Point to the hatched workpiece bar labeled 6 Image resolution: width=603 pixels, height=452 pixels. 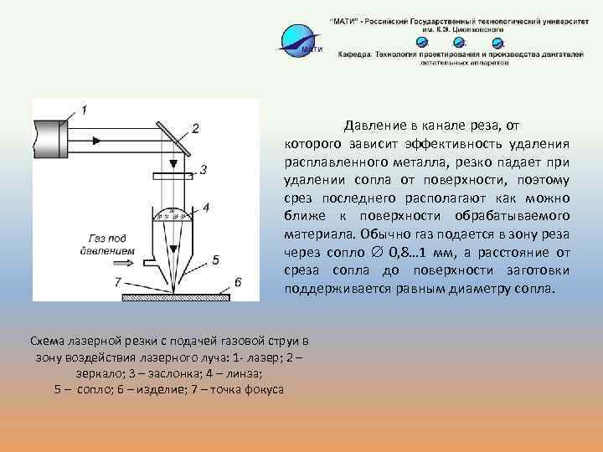tap(176, 296)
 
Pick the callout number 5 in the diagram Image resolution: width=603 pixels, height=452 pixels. tap(215, 260)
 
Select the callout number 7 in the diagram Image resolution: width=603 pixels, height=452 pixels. tap(117, 281)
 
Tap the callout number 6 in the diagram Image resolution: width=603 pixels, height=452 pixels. tap(238, 282)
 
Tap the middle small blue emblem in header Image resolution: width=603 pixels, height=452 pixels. tap(460, 42)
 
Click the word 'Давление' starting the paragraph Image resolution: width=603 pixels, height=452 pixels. tap(376, 126)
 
